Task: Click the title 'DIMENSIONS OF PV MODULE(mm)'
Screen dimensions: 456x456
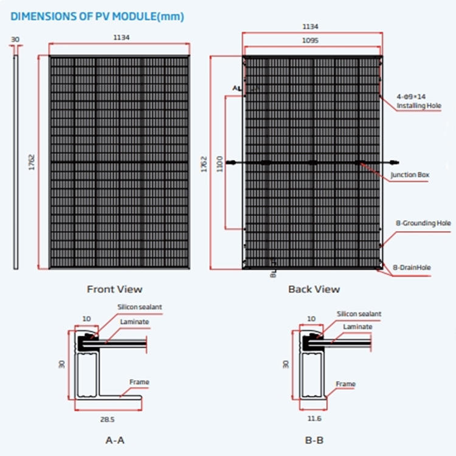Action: (97, 16)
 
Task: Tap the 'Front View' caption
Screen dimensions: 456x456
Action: (114, 289)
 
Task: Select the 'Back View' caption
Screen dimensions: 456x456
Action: (314, 289)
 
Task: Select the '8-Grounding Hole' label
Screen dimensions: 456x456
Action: (423, 223)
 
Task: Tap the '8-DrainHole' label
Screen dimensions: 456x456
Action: (412, 267)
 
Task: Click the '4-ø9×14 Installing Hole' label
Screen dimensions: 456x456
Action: (419, 102)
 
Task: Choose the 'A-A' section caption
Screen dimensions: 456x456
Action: (115, 439)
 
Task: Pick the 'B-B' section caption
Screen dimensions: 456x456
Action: (314, 439)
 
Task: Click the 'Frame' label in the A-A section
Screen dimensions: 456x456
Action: (139, 382)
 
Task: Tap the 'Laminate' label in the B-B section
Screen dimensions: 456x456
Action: (358, 326)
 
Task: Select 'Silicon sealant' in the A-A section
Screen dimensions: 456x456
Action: (140, 308)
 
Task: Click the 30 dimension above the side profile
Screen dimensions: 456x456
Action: (15, 40)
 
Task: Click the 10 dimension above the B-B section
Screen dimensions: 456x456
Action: (312, 319)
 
